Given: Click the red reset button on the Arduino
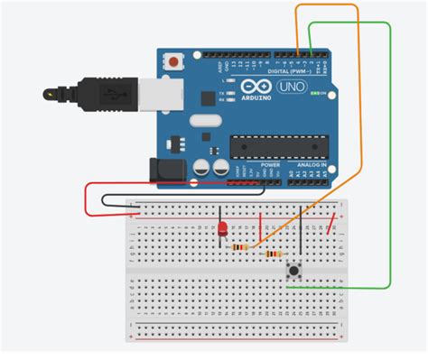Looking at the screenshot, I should tap(172, 61).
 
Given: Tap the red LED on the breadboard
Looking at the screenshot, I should tap(222, 231).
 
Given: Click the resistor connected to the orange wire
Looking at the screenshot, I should tap(240, 246).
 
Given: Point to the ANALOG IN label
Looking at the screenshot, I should tap(310, 166).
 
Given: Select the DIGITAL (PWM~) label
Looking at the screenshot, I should tap(289, 69).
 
